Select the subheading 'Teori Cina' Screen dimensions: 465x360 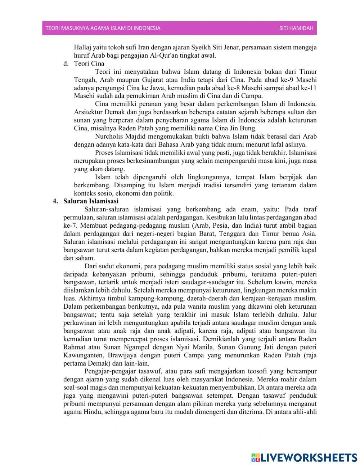point(89,64)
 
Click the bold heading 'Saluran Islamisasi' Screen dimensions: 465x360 point(91,201)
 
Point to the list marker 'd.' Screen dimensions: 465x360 point(66,64)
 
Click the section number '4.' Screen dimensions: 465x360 point(55,201)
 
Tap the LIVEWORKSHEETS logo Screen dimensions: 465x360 point(304,457)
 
